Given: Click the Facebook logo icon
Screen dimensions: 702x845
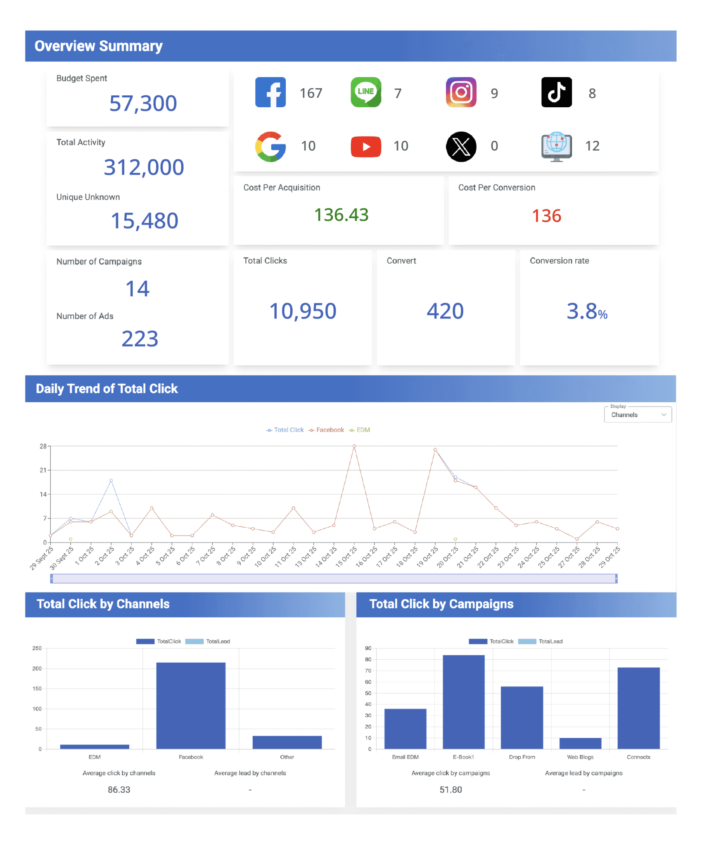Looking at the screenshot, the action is [x=270, y=92].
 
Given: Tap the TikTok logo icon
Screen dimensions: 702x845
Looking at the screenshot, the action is [x=556, y=92].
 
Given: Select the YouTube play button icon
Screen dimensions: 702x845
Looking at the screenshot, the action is [x=366, y=146].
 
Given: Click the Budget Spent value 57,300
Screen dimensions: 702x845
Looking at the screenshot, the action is [x=143, y=103].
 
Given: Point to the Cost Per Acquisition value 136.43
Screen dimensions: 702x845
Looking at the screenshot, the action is [x=342, y=215].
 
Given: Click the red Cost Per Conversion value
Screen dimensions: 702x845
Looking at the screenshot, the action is [x=546, y=216].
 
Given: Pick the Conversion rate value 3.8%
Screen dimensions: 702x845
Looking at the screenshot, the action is [x=587, y=311].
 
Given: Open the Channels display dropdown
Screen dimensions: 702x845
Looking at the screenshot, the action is [x=638, y=415].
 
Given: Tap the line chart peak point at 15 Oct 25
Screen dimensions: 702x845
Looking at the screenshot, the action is [x=354, y=446].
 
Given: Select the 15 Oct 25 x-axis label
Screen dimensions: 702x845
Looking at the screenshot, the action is [x=346, y=557].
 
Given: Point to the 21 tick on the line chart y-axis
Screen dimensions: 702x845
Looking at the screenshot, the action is [x=43, y=470].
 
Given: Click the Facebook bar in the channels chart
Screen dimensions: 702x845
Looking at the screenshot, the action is [x=191, y=706].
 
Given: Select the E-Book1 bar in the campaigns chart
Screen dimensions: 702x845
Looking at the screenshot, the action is [x=463, y=702].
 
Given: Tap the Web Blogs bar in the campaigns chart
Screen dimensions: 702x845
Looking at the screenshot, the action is [x=580, y=744].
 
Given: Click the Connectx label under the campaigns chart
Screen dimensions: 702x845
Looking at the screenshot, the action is [x=638, y=757].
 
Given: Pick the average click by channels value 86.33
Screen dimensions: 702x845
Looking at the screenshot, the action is [x=119, y=790].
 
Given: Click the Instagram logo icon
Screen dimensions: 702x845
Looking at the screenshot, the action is [x=461, y=92].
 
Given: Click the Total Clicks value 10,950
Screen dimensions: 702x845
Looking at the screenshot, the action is [x=303, y=311].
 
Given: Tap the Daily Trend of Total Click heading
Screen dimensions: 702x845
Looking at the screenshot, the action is [x=107, y=389].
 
